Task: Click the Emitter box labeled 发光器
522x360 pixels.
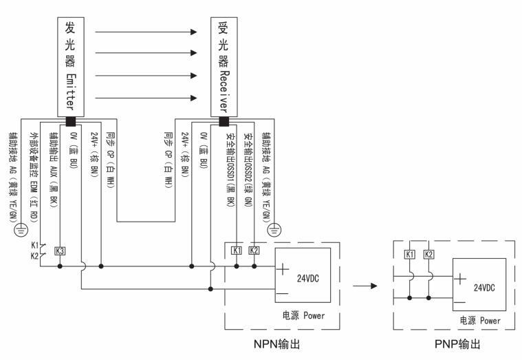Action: [x=69, y=65]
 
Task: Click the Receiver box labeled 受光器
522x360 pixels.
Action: [x=224, y=65]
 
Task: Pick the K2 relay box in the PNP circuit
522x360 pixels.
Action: [x=428, y=254]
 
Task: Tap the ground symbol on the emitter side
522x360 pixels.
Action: [x=21, y=224]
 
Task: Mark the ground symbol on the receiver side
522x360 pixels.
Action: [x=274, y=229]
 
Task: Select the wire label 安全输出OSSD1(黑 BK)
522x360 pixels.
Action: [x=231, y=169]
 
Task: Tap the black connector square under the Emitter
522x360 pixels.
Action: [x=69, y=122]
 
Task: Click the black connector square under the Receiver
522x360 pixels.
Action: [x=223, y=122]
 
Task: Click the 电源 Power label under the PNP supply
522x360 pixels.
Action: [x=480, y=320]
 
